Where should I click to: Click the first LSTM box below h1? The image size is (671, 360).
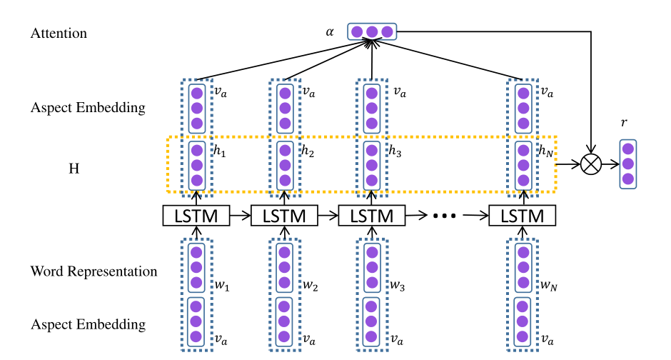pos(197,215)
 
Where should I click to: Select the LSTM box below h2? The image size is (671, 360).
pos(284,215)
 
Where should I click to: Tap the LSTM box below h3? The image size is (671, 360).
pos(371,215)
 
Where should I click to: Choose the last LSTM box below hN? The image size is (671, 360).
pos(522,215)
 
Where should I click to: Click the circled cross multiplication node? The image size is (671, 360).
pos(590,164)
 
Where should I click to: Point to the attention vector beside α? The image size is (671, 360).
pos(372,31)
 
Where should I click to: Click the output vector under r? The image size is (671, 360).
pos(627,164)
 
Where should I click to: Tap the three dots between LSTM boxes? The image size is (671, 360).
pos(445,215)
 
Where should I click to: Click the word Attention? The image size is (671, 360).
pos(59,33)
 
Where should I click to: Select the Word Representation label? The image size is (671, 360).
pos(94,271)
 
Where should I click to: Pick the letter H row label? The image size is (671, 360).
pos(74,169)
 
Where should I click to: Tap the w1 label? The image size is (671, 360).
pos(223,286)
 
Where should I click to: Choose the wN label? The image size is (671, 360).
pos(548,286)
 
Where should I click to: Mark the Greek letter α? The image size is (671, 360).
pos(329,31)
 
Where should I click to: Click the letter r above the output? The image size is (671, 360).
pos(625,123)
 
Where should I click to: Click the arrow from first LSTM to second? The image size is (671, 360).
pos(241,215)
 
